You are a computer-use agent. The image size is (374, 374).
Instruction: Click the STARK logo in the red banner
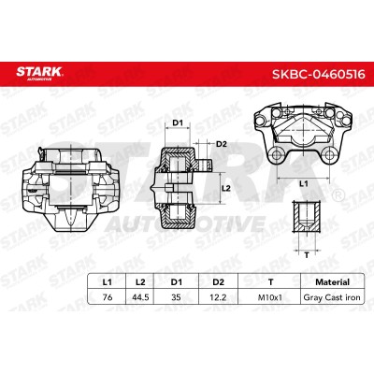pos(39,73)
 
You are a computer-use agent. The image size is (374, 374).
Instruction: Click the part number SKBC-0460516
pos(319,74)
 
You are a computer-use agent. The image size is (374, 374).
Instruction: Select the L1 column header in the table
pos(107,282)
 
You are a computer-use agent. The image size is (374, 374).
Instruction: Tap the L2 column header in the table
pos(140,282)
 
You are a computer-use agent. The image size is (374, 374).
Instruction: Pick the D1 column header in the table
pos(176,282)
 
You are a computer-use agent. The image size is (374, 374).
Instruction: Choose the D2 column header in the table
pos(218,282)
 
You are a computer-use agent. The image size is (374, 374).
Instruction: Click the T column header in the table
pos(270,282)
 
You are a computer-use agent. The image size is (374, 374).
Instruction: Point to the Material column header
pos(332,282)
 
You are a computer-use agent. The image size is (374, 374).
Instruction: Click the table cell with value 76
pos(108,297)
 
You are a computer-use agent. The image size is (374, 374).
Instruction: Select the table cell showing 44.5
pos(140,297)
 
